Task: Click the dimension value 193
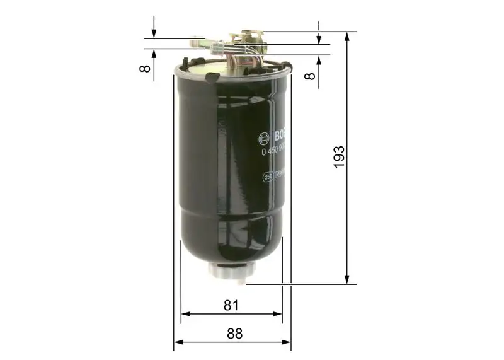coord(340,158)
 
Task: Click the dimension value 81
coord(231,305)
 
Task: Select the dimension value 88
coord(234,334)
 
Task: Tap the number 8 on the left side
coord(146,67)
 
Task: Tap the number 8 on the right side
coord(309,76)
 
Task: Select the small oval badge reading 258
coord(266,178)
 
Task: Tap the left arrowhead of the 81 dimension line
coord(185,313)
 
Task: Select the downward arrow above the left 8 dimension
coord(153,33)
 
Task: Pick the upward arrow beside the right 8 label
coord(319,61)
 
